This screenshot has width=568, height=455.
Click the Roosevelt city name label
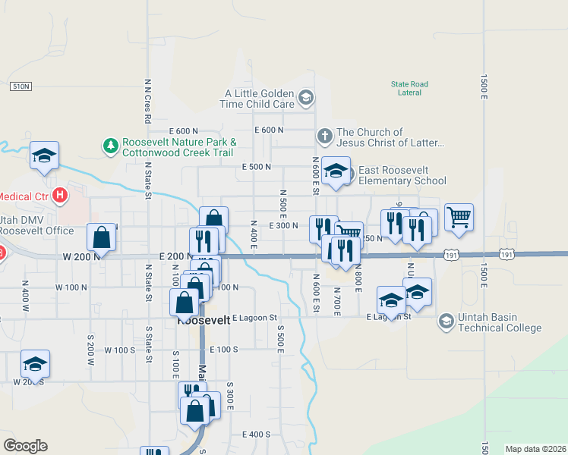(204, 321)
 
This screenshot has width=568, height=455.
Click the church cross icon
(324, 136)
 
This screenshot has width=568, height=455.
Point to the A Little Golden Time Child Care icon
(306, 97)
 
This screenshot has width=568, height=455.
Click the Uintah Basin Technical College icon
(446, 322)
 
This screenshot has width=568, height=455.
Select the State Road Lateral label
(409, 88)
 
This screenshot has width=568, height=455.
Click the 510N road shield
(21, 86)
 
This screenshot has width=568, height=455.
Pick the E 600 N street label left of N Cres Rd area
(184, 130)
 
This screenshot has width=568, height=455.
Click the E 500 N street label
(257, 166)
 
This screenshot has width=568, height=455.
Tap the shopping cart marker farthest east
(459, 218)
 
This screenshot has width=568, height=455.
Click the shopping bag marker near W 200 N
(102, 237)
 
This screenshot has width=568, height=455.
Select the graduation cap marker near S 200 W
(35, 364)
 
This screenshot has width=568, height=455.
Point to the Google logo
(25, 446)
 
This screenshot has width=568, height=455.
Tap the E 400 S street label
(257, 435)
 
